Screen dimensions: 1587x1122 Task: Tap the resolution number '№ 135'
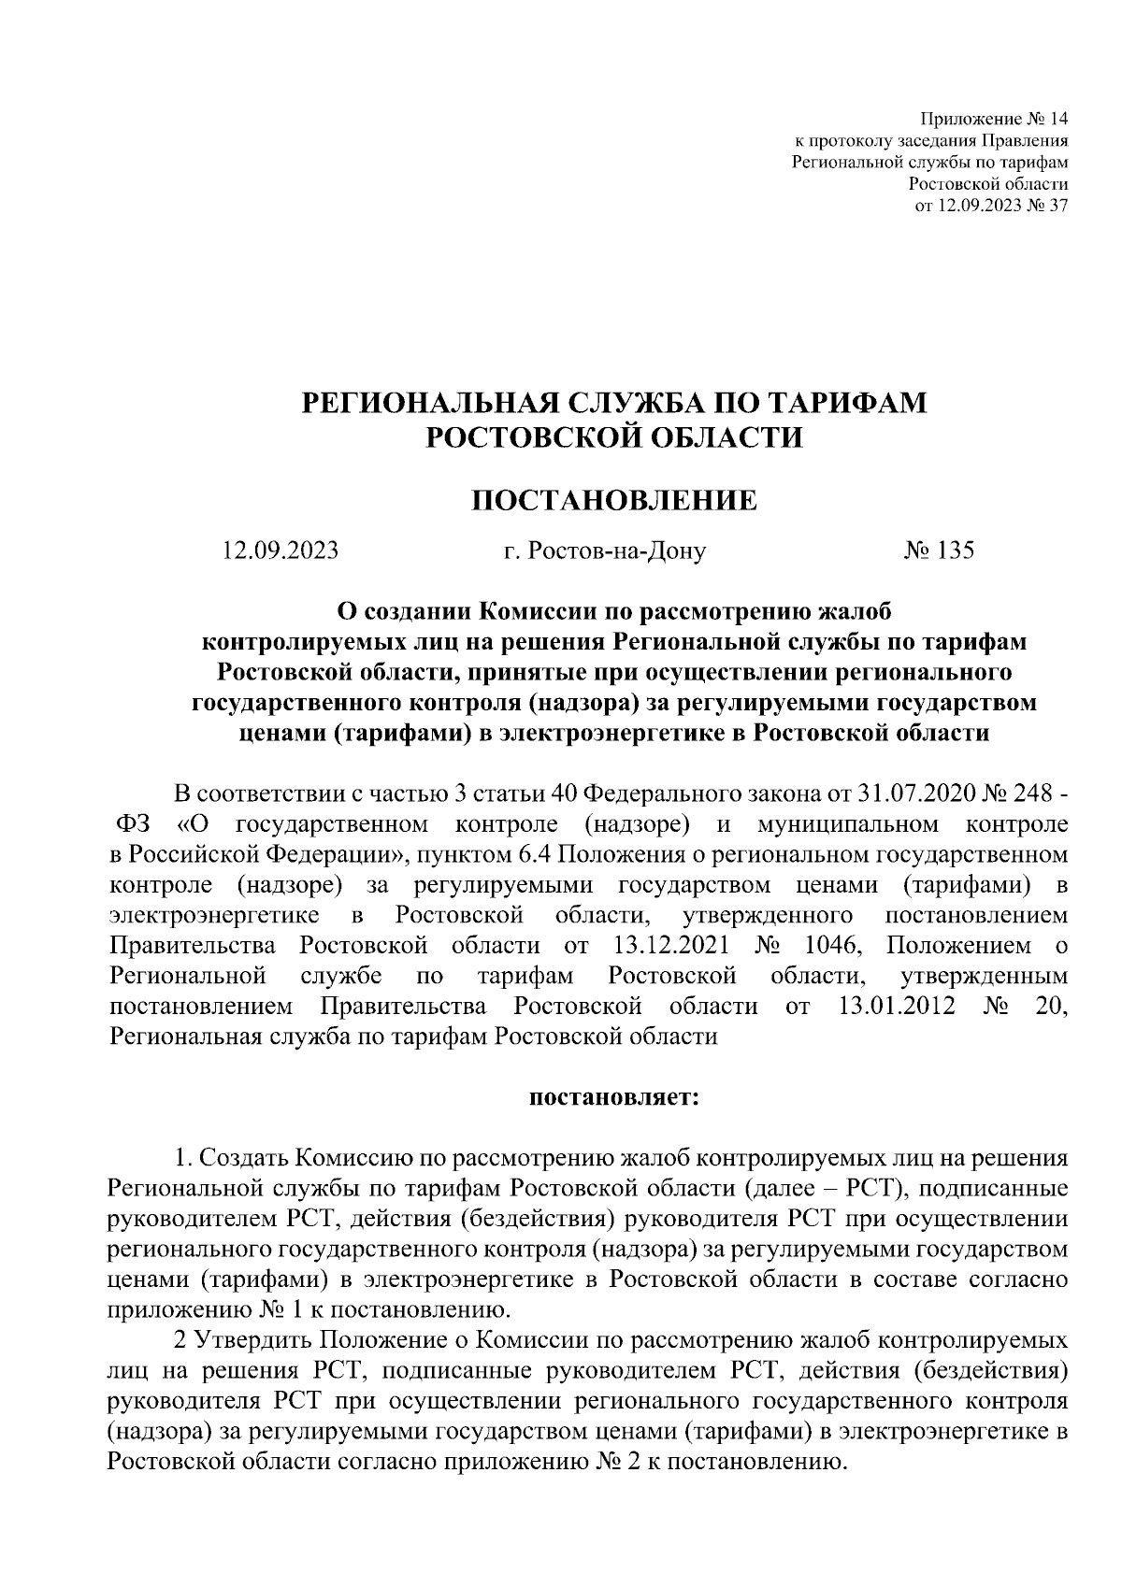click(939, 550)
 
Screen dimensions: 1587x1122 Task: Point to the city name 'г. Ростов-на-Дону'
click(604, 550)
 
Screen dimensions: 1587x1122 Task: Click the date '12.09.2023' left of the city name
click(280, 550)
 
